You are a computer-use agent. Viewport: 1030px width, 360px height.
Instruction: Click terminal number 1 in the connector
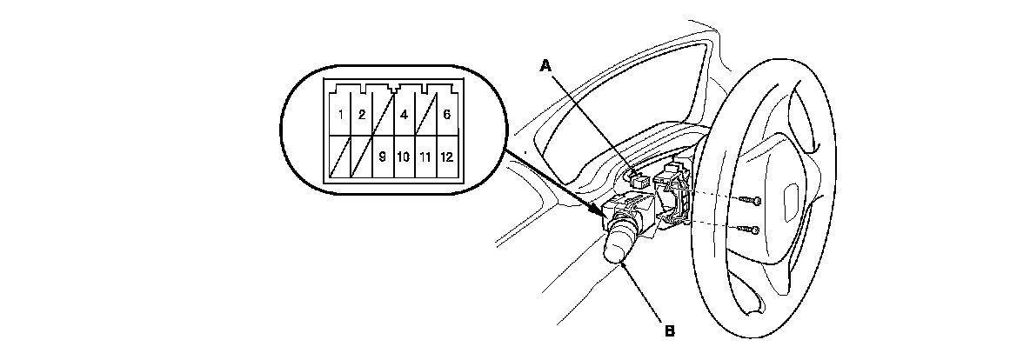coord(340,115)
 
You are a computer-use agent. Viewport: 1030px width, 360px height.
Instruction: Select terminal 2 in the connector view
coord(361,115)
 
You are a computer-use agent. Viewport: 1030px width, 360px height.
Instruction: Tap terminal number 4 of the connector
coord(404,115)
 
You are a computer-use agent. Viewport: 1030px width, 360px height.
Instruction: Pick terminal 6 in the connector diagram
coord(446,115)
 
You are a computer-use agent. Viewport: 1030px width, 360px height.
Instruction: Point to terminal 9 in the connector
coord(383,157)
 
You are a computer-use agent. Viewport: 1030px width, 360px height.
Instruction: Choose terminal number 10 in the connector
coord(404,157)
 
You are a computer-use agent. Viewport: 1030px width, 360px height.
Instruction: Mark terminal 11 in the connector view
coord(425,157)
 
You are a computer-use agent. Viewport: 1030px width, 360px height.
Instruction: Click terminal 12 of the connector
coord(446,157)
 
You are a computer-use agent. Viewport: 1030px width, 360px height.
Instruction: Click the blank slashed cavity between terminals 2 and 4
coord(383,115)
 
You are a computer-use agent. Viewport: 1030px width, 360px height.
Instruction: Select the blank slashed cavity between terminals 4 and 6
coord(425,115)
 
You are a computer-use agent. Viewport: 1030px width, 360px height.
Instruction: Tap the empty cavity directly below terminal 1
coord(340,157)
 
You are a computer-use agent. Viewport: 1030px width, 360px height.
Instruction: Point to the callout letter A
coord(546,65)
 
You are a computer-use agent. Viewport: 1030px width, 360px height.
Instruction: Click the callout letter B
coord(669,330)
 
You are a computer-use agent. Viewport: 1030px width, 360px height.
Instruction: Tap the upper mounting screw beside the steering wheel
coord(753,201)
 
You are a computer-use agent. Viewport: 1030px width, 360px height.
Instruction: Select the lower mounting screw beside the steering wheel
coord(753,230)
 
